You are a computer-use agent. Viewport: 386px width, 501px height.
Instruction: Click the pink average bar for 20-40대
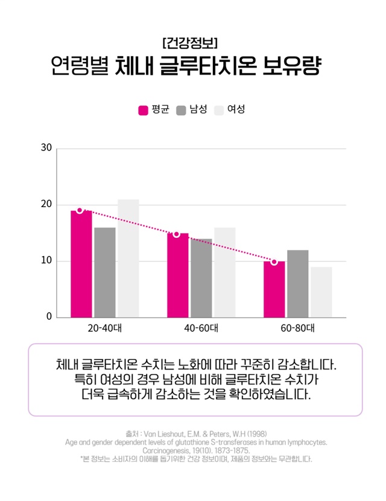coord(81,265)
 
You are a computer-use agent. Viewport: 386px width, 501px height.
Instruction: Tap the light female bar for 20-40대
coord(128,259)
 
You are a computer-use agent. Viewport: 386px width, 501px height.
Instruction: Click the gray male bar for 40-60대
coord(201,278)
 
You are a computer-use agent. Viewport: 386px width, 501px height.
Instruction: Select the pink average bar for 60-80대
coord(274,290)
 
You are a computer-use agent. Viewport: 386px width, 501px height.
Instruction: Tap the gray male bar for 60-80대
coord(298,284)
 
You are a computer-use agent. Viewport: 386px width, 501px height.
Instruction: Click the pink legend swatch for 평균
coord(144,110)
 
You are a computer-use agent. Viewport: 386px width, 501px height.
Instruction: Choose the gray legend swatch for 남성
coord(181,110)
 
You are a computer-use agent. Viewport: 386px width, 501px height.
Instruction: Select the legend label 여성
coord(236,110)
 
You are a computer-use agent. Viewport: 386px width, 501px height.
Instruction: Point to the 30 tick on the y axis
coord(46,148)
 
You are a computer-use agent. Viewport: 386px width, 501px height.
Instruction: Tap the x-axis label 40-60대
coord(201,329)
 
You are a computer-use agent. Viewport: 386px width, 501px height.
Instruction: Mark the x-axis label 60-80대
coord(298,329)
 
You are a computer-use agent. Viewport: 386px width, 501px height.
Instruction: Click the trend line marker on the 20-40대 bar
coord(80,210)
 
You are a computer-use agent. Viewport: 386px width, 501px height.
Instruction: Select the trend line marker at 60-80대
coord(274,262)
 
